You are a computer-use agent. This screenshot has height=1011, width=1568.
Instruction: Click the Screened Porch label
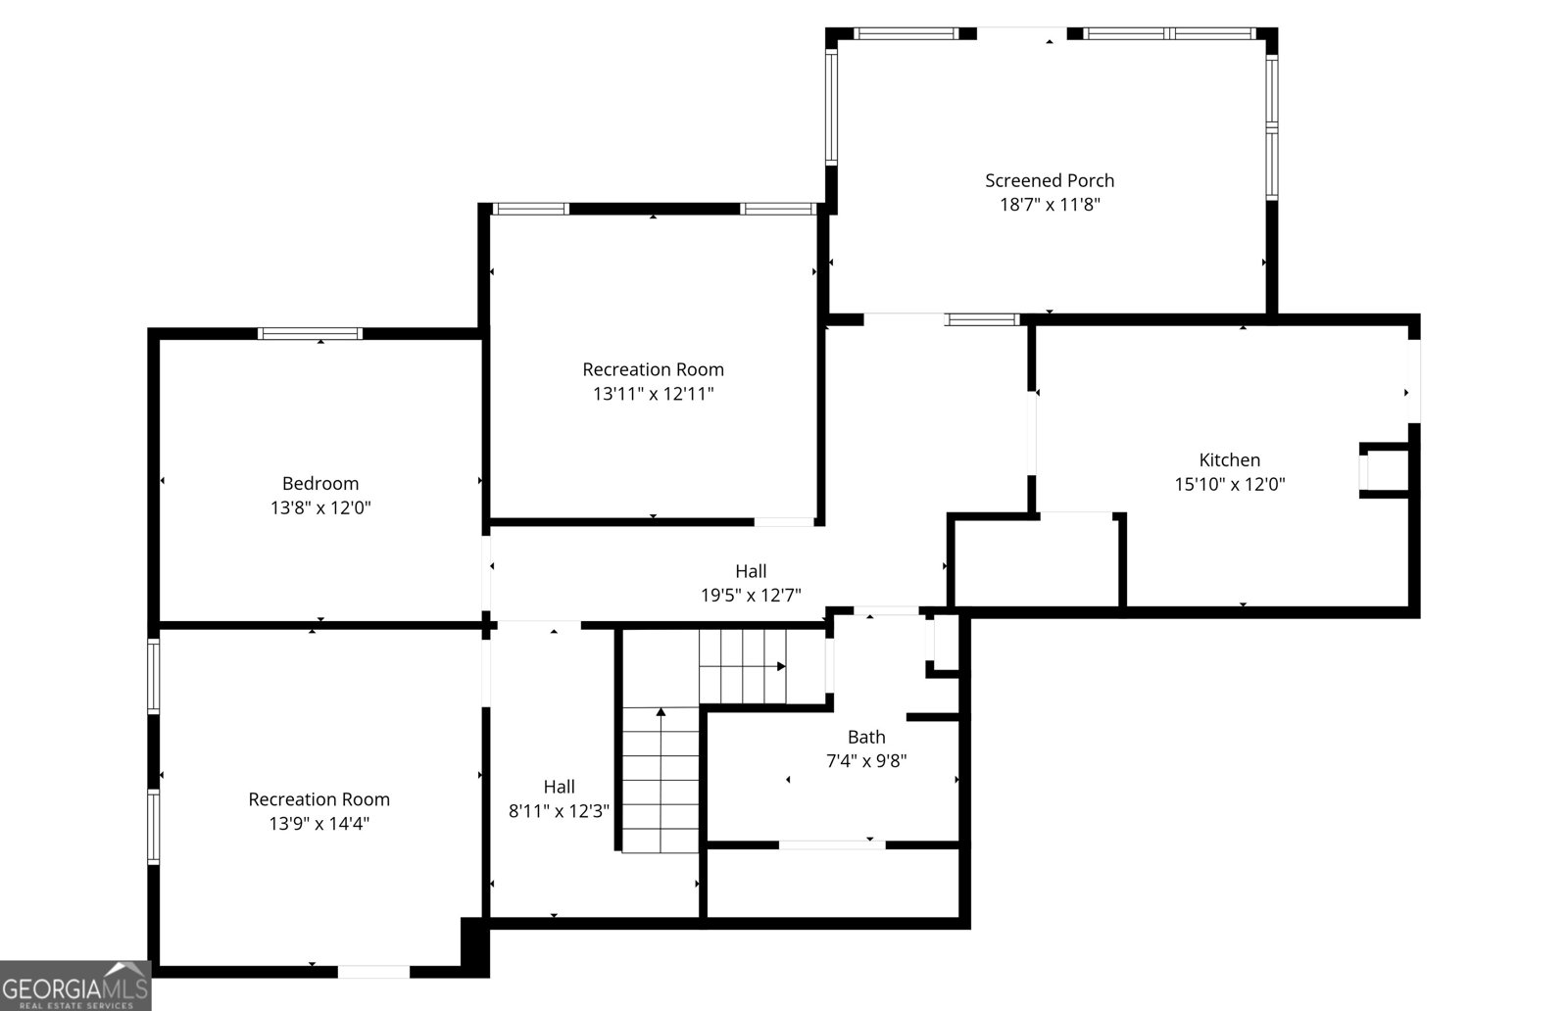point(1050,180)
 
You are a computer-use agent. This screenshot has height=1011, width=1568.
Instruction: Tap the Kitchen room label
point(1229,459)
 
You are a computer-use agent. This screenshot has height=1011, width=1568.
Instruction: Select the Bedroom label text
point(320,484)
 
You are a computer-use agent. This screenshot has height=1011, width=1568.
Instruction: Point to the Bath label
point(866,737)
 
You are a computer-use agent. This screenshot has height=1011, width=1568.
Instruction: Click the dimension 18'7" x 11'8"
point(1050,205)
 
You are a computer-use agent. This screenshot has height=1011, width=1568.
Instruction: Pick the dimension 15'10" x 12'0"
point(1230,484)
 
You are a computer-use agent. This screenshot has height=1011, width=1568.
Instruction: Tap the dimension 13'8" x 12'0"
point(320,507)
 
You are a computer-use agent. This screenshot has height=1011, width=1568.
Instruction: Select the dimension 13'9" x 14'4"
point(319,824)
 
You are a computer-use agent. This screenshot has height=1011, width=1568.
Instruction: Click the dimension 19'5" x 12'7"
point(751,596)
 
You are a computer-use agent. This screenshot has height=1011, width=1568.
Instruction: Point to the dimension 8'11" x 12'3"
point(559,811)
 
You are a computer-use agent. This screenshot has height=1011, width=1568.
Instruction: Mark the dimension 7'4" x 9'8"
point(866,760)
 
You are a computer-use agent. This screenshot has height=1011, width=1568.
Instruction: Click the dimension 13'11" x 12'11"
point(653,393)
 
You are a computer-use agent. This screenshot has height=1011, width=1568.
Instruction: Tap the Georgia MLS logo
point(75,986)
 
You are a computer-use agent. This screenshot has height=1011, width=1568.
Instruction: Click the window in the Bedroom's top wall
point(310,334)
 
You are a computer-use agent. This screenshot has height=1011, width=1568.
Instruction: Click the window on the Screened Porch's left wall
point(832,107)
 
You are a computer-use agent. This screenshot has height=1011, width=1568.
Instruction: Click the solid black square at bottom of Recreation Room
point(474,947)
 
